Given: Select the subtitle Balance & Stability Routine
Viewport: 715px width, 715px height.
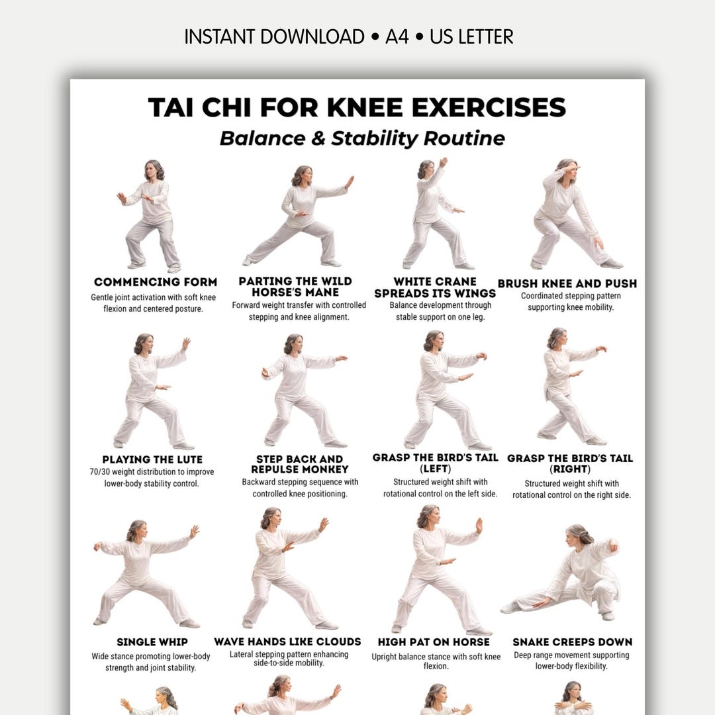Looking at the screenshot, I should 362,138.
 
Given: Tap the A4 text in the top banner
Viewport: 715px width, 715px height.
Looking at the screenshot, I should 397,36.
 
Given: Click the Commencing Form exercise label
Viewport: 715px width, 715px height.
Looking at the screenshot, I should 156,282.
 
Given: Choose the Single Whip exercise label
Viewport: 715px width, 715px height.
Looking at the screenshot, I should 152,642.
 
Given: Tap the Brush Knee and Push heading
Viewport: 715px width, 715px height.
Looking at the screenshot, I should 567,283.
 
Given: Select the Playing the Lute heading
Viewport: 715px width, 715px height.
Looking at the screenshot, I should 152,459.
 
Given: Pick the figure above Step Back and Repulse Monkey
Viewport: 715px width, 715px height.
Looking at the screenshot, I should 301,391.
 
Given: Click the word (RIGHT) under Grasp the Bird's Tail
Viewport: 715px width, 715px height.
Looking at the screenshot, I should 570,469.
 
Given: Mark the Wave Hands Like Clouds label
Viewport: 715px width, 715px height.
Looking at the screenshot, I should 287,642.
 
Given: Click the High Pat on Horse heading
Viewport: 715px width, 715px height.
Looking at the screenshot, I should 433,642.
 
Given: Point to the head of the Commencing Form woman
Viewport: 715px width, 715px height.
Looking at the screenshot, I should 154,170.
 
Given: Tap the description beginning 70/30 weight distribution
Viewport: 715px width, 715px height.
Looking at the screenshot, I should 152,478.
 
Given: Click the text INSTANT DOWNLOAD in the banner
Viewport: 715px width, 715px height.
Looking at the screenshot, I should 274,36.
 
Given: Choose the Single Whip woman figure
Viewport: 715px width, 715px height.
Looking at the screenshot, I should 146,573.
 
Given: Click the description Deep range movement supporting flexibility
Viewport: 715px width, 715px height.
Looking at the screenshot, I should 572,660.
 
